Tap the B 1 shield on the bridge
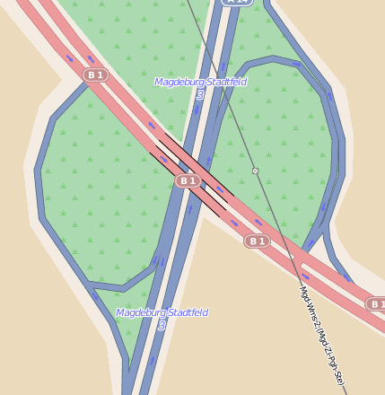pyautogui.click(x=187, y=180)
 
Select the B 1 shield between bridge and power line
pyautogui.click(x=258, y=241)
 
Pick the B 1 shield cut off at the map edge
pyautogui.click(x=376, y=304)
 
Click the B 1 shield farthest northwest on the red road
pyautogui.click(x=95, y=75)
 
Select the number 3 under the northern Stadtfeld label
pyautogui.click(x=200, y=94)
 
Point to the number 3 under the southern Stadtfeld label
pyautogui.click(x=162, y=325)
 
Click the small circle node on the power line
pyautogui.click(x=255, y=171)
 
